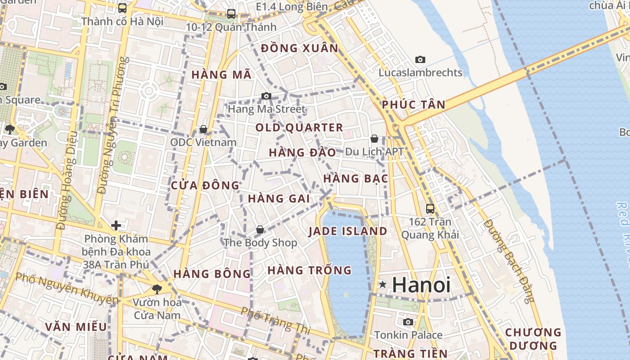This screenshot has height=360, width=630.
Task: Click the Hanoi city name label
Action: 421,285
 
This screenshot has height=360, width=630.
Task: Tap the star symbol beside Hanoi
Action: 382,284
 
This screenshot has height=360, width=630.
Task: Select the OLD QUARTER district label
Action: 299,128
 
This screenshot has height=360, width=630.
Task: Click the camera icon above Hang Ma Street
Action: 266,96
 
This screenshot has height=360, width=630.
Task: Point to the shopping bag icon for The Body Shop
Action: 260,230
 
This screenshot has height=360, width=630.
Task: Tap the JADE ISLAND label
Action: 348,231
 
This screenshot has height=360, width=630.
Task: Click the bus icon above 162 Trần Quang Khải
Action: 430,209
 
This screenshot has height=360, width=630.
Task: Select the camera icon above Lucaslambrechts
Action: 420,59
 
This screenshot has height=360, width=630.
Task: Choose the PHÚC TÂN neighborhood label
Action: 414,105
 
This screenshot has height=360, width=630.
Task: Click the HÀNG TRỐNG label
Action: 310,270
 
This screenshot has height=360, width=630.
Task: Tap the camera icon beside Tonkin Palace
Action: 408,322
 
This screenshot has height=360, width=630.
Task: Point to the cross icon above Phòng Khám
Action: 116,225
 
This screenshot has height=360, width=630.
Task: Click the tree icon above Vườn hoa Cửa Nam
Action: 157,289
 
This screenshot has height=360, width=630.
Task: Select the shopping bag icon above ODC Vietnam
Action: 203,130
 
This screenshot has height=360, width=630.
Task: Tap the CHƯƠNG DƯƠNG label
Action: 533,339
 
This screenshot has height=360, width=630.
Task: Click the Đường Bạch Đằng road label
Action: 509,261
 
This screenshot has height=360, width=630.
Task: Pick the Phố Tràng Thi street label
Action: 275,320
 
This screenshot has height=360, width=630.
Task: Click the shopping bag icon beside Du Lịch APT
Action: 374,139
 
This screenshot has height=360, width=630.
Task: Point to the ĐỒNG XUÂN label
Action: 299,48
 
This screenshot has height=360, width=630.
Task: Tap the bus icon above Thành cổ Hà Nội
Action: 122,8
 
